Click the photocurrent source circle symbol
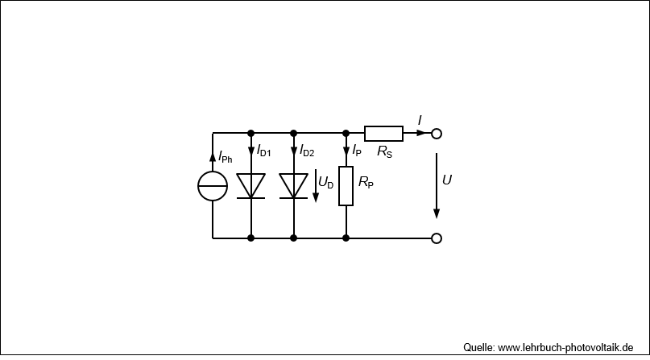213,172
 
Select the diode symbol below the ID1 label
250,186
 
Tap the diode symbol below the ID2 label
293,186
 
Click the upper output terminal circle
437,129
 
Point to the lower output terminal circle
437,234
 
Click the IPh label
225,157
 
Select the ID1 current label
263,151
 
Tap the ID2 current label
307,151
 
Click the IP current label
357,151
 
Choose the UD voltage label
326,182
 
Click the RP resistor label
366,182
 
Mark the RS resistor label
385,151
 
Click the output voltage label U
447,180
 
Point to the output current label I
420,121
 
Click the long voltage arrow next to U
437,185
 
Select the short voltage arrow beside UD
316,185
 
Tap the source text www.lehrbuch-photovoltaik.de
565,348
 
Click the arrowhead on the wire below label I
421,134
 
